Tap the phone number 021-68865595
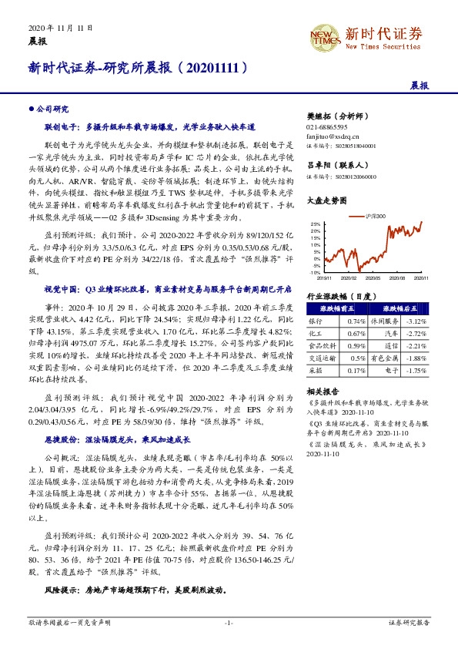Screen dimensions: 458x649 pos(328,126)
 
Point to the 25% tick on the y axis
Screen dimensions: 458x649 pos(315,224)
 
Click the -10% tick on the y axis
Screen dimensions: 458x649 pos(314,272)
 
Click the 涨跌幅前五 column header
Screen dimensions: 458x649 pos(326,308)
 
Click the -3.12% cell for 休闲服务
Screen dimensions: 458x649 pos(416,321)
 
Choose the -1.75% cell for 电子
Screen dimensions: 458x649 pos(416,370)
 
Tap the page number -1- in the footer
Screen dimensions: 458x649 pos(229,621)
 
